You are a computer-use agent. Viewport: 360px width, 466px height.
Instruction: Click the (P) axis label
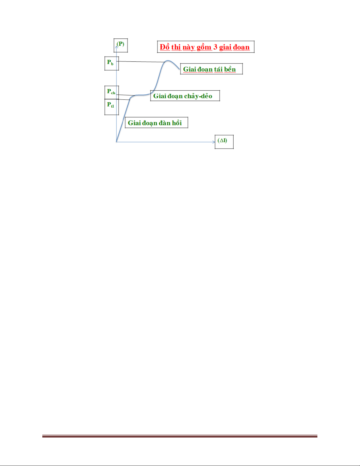pyautogui.click(x=120, y=44)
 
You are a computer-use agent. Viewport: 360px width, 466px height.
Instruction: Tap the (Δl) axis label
pyautogui.click(x=222, y=141)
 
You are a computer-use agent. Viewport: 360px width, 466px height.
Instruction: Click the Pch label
pyautogui.click(x=111, y=91)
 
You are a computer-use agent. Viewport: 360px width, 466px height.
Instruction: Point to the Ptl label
pyautogui.click(x=110, y=105)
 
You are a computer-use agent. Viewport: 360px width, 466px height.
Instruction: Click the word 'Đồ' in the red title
pyautogui.click(x=165, y=47)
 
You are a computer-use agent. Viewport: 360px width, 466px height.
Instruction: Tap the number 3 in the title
pyautogui.click(x=215, y=47)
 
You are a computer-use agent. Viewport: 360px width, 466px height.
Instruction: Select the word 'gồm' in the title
pyautogui.click(x=204, y=47)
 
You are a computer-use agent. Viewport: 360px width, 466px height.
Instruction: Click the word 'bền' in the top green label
pyautogui.click(x=230, y=69)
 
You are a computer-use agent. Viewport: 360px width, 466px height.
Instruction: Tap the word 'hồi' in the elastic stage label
pyautogui.click(x=177, y=123)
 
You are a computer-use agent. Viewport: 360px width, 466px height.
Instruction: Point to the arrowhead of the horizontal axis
pyautogui.click(x=214, y=142)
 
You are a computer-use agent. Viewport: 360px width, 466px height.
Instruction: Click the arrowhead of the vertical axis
pyautogui.click(x=117, y=46)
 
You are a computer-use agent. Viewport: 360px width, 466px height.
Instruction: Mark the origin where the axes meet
pyautogui.click(x=117, y=142)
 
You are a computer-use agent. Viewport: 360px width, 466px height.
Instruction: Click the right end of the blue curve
pyautogui.click(x=179, y=69)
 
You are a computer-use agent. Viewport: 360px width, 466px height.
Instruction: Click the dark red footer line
pyautogui.click(x=180, y=436)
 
